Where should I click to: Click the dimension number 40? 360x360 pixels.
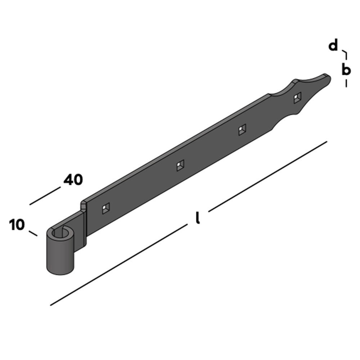point(73,180)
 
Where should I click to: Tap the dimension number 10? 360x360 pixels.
point(17,225)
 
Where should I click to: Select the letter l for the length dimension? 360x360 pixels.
point(197,218)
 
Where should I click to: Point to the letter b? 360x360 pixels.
point(346,69)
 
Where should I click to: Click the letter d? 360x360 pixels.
point(334,46)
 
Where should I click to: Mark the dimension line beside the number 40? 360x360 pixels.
point(45,196)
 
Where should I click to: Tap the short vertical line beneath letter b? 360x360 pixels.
point(346,83)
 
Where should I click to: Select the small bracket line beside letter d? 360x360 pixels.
point(345,55)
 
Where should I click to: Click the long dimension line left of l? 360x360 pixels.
point(119,265)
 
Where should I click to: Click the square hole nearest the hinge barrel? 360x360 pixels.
point(106,208)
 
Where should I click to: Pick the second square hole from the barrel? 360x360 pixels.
point(180,165)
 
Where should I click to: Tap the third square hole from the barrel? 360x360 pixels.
point(243,130)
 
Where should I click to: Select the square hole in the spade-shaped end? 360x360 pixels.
point(297,98)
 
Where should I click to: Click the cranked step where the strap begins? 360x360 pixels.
point(84,209)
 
